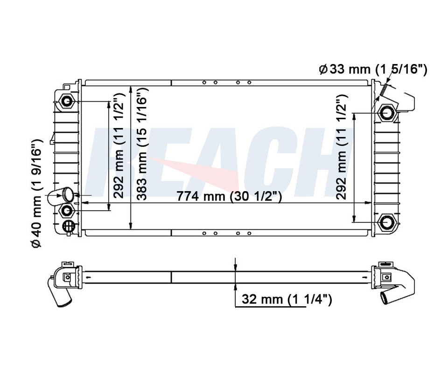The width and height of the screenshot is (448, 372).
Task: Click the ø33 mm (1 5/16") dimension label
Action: click(x=373, y=70)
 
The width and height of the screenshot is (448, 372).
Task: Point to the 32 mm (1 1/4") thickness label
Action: click(x=285, y=300)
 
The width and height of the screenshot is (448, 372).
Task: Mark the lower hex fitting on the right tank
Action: click(x=386, y=222)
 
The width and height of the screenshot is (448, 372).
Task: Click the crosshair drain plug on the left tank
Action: click(x=69, y=226)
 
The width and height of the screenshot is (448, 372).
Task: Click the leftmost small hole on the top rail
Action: click(x=204, y=83)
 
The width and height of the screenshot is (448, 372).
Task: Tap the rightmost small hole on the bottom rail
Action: click(x=249, y=232)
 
